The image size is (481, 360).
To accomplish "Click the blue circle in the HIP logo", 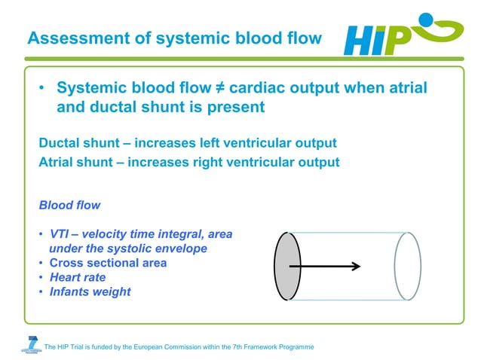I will point(427,20).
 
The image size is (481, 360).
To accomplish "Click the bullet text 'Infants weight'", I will point(90,291).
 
